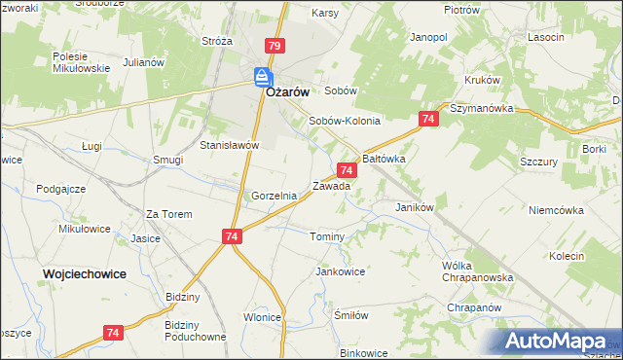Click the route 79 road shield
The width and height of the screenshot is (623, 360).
[274, 47]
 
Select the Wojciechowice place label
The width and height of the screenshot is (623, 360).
[85, 274]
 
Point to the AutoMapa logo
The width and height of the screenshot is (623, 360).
[555, 341]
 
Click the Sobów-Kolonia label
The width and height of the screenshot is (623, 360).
[344, 122]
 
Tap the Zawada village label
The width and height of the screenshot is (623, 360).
[331, 185]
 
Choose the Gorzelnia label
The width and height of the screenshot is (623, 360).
[274, 196]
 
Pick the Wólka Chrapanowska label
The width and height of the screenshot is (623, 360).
[476, 271]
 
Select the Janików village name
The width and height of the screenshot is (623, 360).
[414, 207]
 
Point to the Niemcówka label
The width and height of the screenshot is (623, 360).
[555, 210]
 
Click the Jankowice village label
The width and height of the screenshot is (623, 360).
[340, 271]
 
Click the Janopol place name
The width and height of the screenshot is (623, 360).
[428, 37]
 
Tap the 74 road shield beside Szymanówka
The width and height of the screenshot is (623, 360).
[428, 119]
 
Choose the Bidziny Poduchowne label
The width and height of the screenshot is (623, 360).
[195, 330]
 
